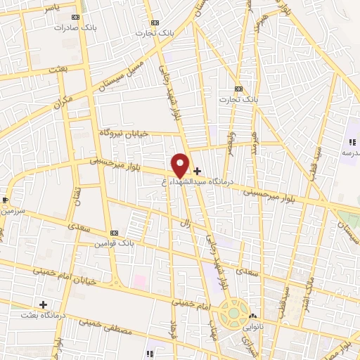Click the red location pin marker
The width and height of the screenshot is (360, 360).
pyautogui.click(x=180, y=165)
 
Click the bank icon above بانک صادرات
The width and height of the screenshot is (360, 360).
pyautogui.click(x=75, y=17)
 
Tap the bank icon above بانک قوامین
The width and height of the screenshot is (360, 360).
pyautogui.click(x=114, y=233)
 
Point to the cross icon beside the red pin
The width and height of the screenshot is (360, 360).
pyautogui.click(x=197, y=171)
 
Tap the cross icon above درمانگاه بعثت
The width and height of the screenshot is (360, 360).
pyautogui.click(x=44, y=304)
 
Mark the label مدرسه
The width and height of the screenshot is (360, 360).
pyautogui.click(x=349, y=153)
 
